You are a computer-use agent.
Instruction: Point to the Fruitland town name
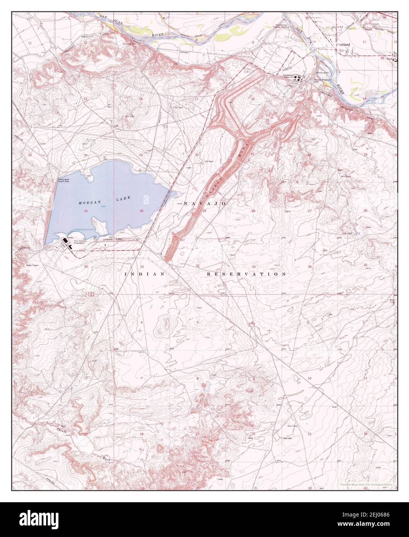click(x=343, y=45)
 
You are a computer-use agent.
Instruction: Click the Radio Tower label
click(x=33, y=266)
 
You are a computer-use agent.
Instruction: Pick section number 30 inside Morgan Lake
click(x=142, y=211)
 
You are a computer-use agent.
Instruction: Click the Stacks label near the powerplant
click(x=70, y=237)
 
